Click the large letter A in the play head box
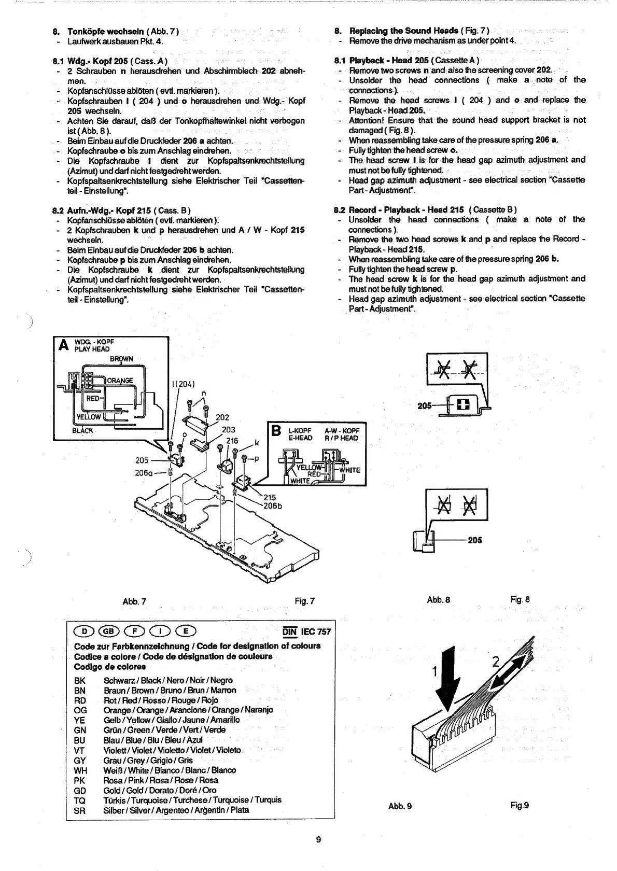coord(64,345)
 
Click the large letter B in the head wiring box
coord(276,431)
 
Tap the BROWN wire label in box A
coord(121,359)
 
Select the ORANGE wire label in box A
coord(120,381)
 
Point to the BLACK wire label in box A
coord(82,431)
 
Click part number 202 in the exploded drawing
coord(222,418)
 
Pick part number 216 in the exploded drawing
coord(232,441)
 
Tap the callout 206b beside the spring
coord(273,506)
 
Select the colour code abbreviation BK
coord(79,680)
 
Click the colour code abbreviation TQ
coord(79,800)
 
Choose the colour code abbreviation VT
coord(79,751)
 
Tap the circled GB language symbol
coord(108,630)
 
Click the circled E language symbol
coord(186,630)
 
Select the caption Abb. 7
coord(134,601)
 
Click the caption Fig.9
coord(520,805)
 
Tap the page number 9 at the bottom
coord(318,839)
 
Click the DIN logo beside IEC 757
coord(290,631)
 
